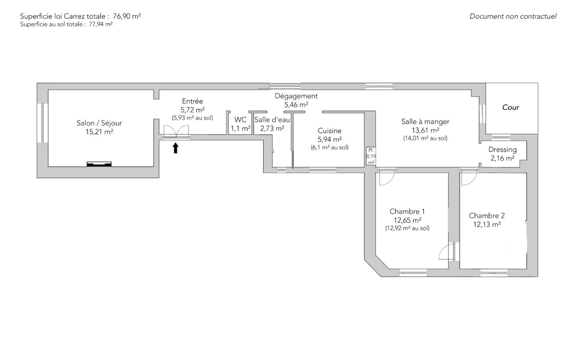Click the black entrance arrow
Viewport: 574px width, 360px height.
pyautogui.click(x=175, y=148)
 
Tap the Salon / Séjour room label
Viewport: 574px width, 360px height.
pyautogui.click(x=99, y=123)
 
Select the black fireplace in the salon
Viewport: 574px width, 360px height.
pyautogui.click(x=99, y=164)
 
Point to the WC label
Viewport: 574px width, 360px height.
pyautogui.click(x=240, y=120)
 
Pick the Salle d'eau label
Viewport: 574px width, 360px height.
pyautogui.click(x=272, y=120)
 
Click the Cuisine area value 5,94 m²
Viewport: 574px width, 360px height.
pyautogui.click(x=329, y=139)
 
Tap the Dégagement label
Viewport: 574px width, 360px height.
pyautogui.click(x=296, y=96)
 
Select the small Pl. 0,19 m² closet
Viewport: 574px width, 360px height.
pyautogui.click(x=371, y=156)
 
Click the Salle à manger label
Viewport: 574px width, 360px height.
pyautogui.click(x=426, y=122)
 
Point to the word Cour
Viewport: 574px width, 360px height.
pyautogui.click(x=510, y=107)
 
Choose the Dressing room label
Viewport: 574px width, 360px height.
pyautogui.click(x=503, y=149)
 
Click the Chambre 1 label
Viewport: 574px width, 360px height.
pyautogui.click(x=407, y=212)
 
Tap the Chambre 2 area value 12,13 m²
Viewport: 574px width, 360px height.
pyautogui.click(x=487, y=225)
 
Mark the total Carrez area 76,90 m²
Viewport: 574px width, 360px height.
pyautogui.click(x=127, y=16)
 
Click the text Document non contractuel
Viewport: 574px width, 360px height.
pyautogui.click(x=513, y=16)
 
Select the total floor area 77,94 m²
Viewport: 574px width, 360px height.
pyautogui.click(x=101, y=24)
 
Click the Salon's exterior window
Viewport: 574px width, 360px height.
pyautogui.click(x=42, y=123)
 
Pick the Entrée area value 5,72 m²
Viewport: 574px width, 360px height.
pyautogui.click(x=193, y=110)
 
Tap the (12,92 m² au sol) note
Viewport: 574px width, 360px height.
pyautogui.click(x=407, y=228)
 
